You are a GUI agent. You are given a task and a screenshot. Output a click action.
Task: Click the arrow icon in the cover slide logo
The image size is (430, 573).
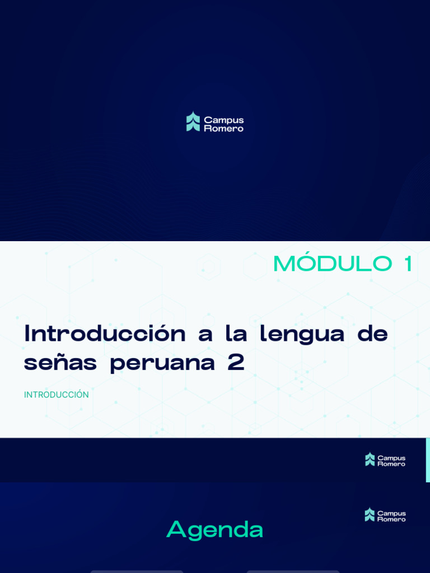pyautogui.click(x=193, y=121)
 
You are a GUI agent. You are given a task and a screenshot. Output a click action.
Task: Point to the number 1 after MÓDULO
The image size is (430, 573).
pyautogui.click(x=407, y=264)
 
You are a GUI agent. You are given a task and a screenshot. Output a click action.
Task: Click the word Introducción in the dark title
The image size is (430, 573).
pyautogui.click(x=105, y=334)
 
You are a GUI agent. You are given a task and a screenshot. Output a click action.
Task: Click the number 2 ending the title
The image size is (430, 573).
pyautogui.click(x=236, y=363)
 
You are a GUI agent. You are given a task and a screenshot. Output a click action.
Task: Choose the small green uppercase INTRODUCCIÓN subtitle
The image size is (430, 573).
pyautogui.click(x=56, y=394)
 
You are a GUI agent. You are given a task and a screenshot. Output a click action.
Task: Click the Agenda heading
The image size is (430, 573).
pyautogui.click(x=214, y=529)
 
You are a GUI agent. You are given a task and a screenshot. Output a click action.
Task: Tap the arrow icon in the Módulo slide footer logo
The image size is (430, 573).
pyautogui.click(x=370, y=459)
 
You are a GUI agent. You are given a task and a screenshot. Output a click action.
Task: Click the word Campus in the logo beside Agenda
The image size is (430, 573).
pyautogui.click(x=391, y=513)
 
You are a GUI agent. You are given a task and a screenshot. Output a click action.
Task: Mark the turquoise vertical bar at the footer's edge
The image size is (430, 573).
pyautogui.click(x=428, y=459)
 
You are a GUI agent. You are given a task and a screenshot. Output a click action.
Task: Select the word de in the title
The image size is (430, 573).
pyautogui.click(x=372, y=334)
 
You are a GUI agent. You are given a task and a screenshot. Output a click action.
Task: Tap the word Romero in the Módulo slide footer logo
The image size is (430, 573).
pyautogui.click(x=391, y=464)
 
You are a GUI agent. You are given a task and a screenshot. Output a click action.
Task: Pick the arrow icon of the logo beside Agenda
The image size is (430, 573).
pyautogui.click(x=370, y=515)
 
